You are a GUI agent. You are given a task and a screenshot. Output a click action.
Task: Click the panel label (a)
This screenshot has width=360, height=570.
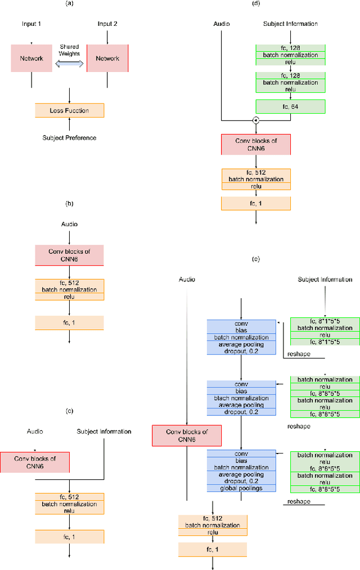coord(69,3)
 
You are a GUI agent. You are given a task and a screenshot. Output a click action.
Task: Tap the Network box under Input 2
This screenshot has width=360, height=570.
coord(107,59)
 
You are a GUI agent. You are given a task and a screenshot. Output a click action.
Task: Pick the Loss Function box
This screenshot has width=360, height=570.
coord(69,111)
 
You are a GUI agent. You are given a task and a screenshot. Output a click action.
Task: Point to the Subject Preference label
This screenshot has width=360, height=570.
coord(69,138)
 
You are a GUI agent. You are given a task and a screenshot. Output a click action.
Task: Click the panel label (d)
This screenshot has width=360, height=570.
coord(256,3)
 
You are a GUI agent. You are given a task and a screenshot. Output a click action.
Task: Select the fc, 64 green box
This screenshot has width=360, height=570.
coord(290,106)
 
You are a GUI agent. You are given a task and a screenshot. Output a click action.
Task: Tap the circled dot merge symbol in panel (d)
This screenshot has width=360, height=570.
coord(256,120)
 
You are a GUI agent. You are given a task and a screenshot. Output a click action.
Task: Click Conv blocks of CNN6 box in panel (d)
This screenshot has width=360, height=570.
coord(256,144)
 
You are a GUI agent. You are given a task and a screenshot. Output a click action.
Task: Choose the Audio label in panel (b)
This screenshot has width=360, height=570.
coord(69,224)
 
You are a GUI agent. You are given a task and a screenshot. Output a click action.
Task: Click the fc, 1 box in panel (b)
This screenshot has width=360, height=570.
coord(69,322)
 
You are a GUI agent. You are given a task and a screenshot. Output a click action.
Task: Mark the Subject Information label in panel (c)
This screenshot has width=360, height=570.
coord(104,432)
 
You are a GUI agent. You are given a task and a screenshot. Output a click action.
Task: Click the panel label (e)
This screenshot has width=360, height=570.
coord(256,259)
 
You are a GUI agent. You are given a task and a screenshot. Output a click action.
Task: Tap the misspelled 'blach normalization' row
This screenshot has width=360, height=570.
coord(241,398)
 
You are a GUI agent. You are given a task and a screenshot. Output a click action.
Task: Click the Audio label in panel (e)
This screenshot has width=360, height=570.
coord(186,279)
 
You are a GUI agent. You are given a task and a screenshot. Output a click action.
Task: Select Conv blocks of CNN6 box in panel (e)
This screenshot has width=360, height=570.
coord(186,436)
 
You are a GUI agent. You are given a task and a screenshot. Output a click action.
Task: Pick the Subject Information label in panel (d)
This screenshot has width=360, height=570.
coord(290,24)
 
